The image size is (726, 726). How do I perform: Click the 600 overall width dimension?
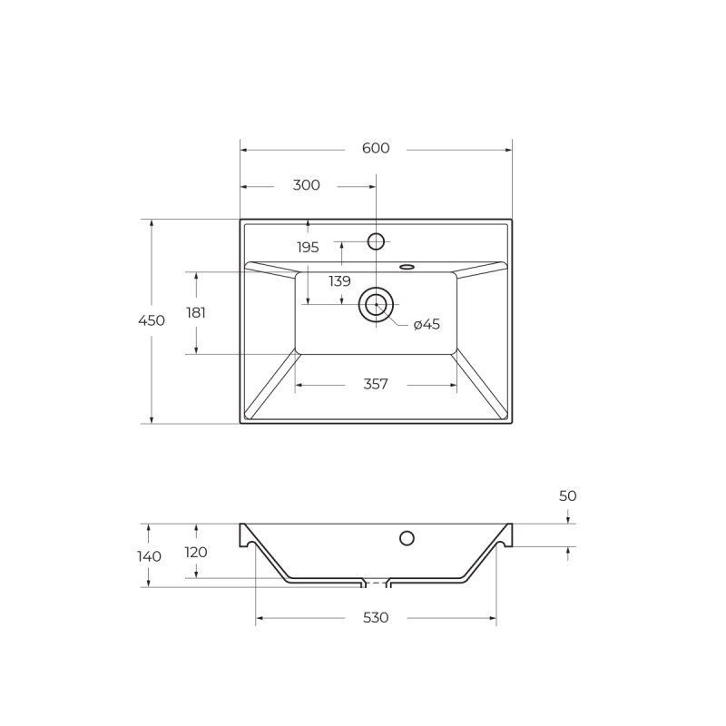click(375, 149)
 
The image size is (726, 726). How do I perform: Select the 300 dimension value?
click(307, 185)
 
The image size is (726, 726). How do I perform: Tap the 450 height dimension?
click(152, 320)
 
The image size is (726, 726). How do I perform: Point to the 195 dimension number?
click(308, 247)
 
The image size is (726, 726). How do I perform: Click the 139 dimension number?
click(339, 281)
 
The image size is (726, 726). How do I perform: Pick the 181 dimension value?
click(196, 312)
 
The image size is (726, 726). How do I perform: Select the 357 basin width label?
click(376, 385)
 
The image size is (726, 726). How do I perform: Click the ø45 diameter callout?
click(427, 325)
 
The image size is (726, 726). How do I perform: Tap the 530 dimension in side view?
click(376, 618)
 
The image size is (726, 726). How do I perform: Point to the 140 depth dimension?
click(150, 556)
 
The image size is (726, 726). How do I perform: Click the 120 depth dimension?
click(196, 552)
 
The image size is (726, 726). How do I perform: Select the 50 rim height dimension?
click(568, 495)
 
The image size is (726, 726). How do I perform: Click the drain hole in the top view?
click(376, 305)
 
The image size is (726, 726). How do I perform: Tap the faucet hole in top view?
click(376, 240)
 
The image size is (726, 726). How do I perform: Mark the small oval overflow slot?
click(407, 267)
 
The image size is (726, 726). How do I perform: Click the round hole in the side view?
click(407, 538)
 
